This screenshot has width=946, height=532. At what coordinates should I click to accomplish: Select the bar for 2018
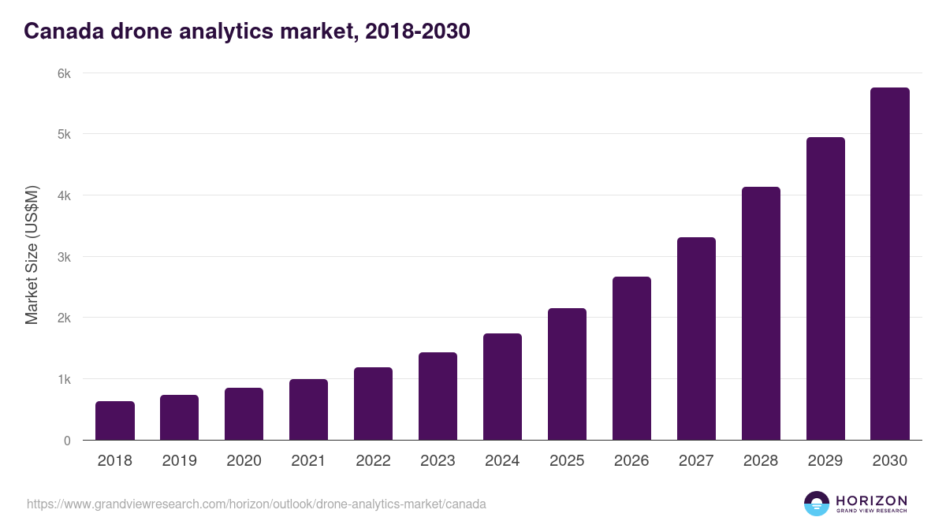[x=115, y=421]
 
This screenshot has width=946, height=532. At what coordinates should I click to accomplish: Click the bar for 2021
[x=308, y=410]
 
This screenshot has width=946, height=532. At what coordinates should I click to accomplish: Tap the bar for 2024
[x=502, y=387]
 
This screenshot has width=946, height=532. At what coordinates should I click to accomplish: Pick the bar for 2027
[x=696, y=339]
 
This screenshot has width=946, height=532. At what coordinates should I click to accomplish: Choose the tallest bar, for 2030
[x=890, y=264]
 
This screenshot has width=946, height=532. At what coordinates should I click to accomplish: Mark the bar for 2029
[x=825, y=288]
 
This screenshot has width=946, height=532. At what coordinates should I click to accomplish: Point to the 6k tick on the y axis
[x=64, y=73]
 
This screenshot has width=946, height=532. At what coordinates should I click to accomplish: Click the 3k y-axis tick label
[x=64, y=257]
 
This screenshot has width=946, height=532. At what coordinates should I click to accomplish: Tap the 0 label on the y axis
[x=67, y=441]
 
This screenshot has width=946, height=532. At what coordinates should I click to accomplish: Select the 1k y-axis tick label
[x=64, y=379]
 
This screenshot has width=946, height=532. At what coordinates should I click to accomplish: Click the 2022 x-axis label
[x=373, y=461]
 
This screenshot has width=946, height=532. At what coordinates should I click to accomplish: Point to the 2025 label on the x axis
[x=567, y=461]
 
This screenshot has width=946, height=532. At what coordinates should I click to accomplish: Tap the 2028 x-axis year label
[x=761, y=461]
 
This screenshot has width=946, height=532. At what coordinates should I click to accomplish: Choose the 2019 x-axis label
[x=179, y=461]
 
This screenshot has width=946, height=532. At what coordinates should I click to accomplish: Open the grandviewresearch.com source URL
[x=256, y=504]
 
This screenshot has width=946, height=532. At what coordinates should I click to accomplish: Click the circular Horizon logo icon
[x=817, y=504]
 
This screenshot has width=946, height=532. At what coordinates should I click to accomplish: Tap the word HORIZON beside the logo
[x=871, y=500]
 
